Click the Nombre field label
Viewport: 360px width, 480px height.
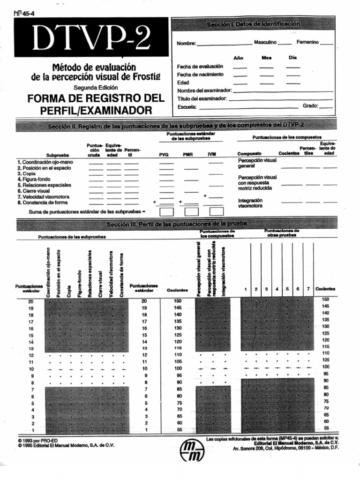tap(186, 44)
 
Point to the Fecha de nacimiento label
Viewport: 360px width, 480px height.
tap(200, 75)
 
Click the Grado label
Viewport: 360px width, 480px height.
tap(310, 106)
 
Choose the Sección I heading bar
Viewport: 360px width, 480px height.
tap(253, 24)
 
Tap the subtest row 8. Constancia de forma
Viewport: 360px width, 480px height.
tap(42, 202)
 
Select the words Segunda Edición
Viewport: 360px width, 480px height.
tap(96, 88)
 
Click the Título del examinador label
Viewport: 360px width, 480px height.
tap(202, 98)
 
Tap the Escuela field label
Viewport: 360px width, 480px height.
tap(187, 107)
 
